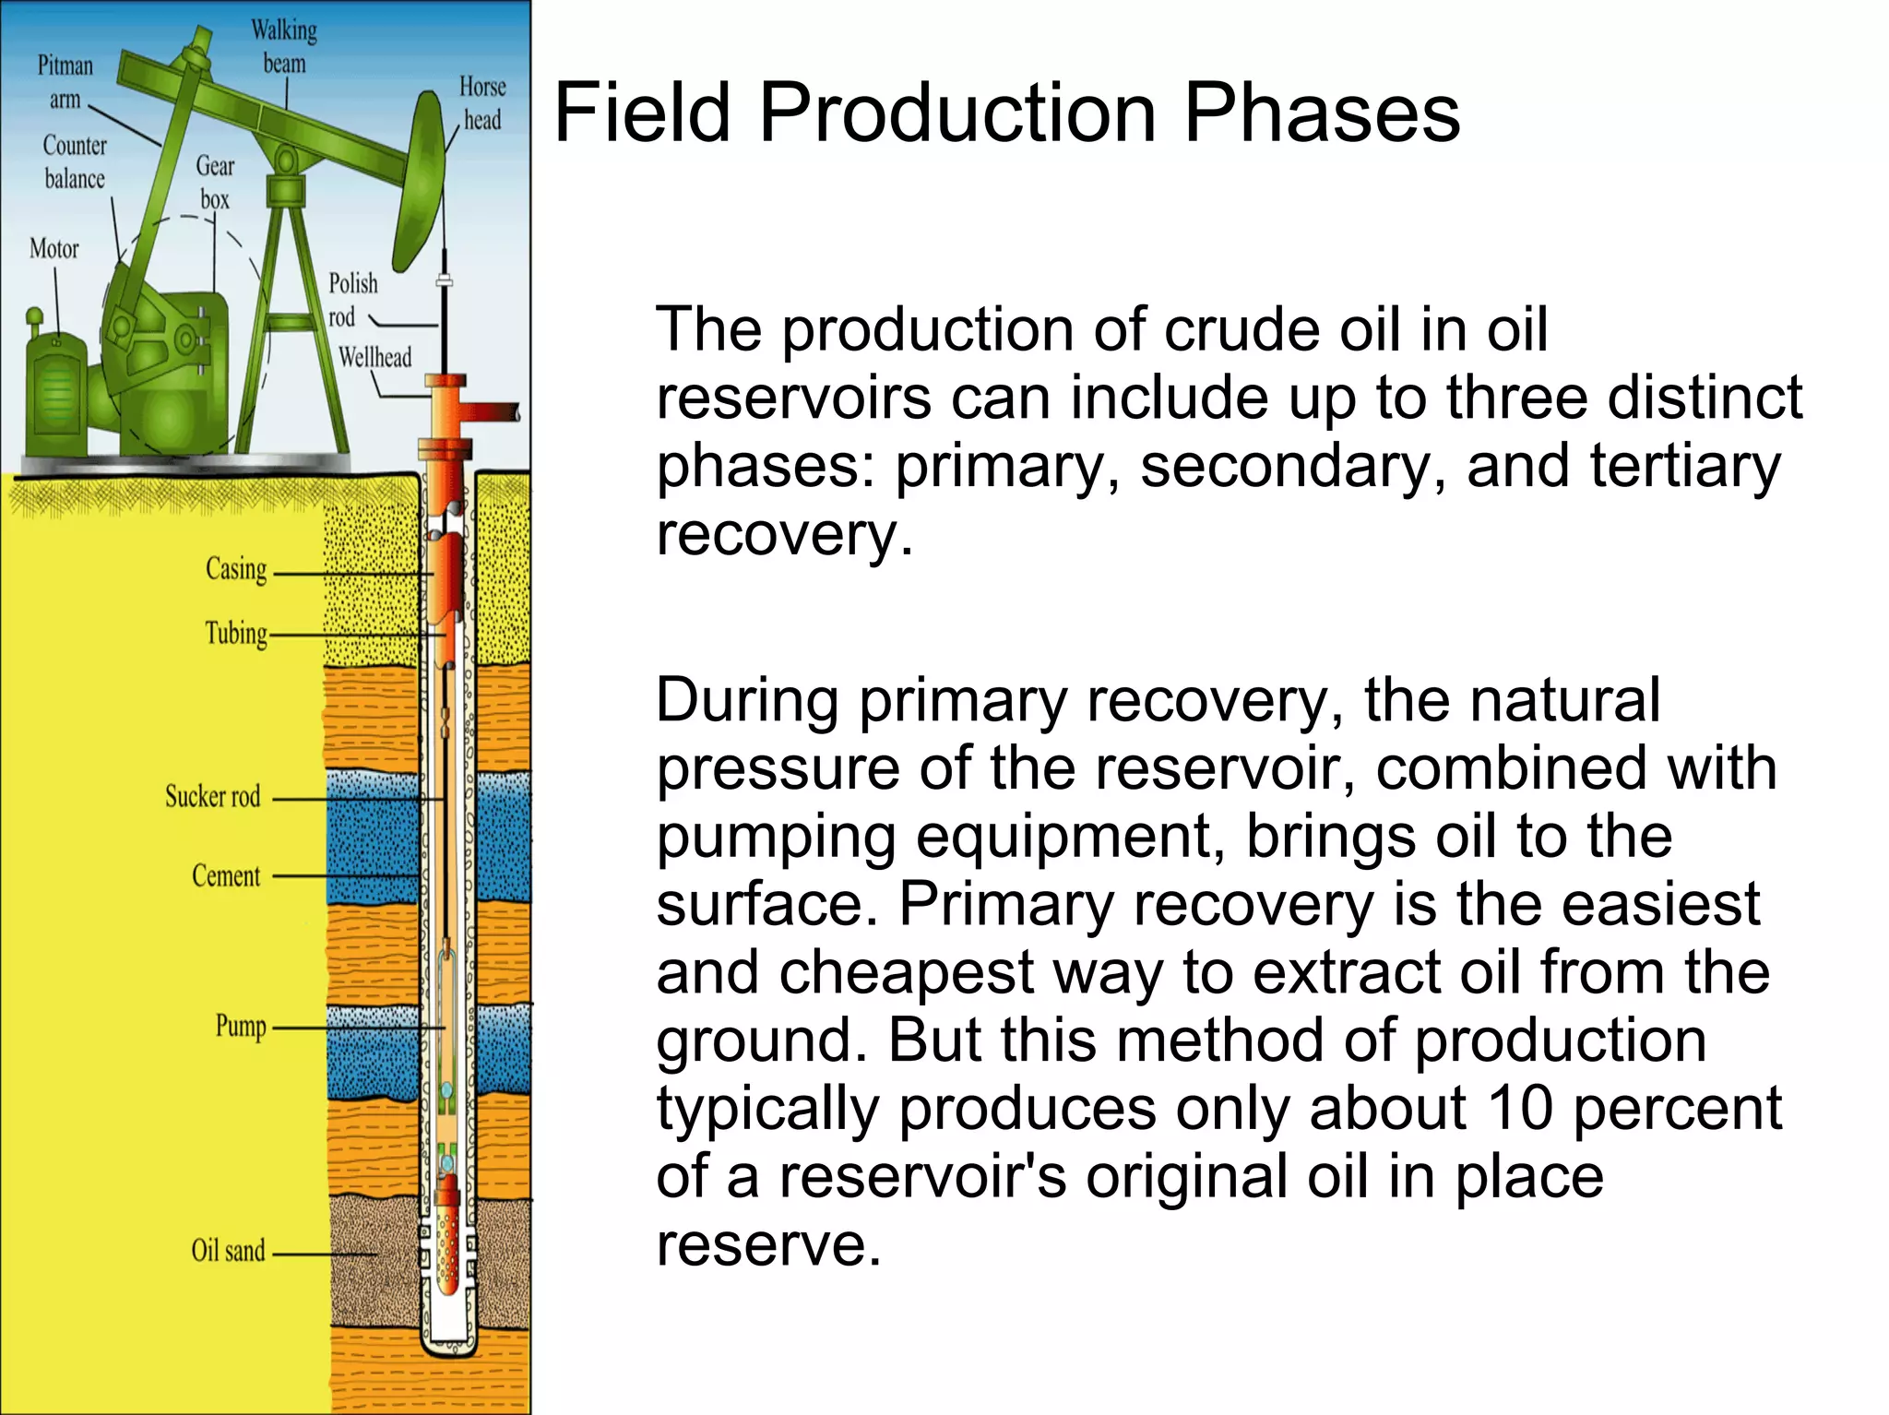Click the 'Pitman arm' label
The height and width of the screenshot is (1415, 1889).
tap(65, 81)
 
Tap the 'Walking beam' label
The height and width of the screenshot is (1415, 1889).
tap(284, 46)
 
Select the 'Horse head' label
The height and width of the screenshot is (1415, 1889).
tap(482, 102)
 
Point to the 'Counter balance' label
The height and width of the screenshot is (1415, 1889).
tap(75, 161)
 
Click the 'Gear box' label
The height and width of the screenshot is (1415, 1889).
tap(215, 182)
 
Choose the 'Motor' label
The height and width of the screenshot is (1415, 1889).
tap(54, 248)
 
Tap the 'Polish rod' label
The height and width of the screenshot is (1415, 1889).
tap(352, 299)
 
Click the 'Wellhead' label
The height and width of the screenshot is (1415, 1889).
tap(374, 357)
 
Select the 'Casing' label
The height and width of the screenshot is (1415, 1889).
tap(236, 569)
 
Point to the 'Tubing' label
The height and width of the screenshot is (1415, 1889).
tap(236, 634)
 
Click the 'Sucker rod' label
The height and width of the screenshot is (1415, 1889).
tap(213, 796)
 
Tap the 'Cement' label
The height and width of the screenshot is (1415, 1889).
tap(226, 875)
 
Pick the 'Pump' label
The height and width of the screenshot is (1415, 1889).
tap(241, 1026)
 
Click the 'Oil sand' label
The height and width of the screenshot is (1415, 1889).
tap(228, 1251)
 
